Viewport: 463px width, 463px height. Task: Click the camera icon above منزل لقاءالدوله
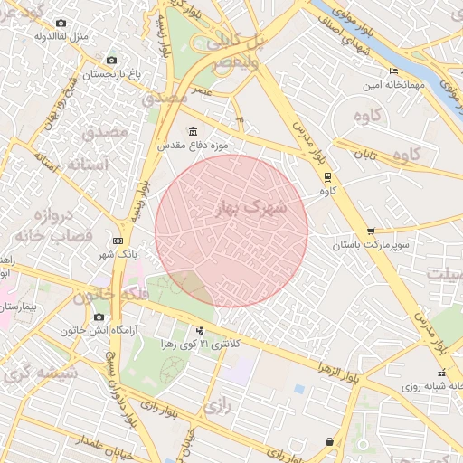pyautogui.click(x=61, y=23)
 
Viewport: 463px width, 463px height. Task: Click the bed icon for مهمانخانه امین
pyautogui.click(x=392, y=71)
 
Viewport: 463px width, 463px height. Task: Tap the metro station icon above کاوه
pyautogui.click(x=327, y=177)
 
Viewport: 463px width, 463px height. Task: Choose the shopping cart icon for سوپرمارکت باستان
pyautogui.click(x=372, y=231)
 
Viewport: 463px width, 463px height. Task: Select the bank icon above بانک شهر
pyautogui.click(x=118, y=241)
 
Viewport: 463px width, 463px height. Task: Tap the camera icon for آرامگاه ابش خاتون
pyautogui.click(x=99, y=317)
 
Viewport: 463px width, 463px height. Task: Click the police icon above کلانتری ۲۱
pyautogui.click(x=200, y=331)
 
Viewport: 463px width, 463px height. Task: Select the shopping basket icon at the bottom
pyautogui.click(x=328, y=441)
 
